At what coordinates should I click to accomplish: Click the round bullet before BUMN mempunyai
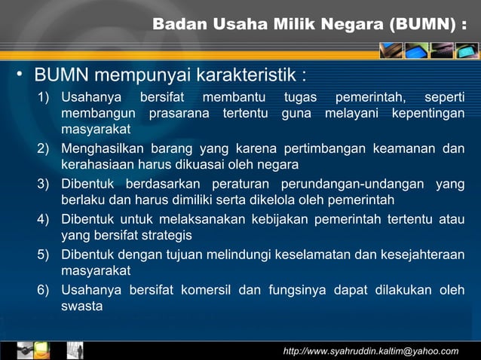(x=23, y=75)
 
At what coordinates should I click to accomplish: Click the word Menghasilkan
(x=103, y=148)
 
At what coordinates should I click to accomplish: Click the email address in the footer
(x=370, y=351)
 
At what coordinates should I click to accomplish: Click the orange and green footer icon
(x=42, y=350)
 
